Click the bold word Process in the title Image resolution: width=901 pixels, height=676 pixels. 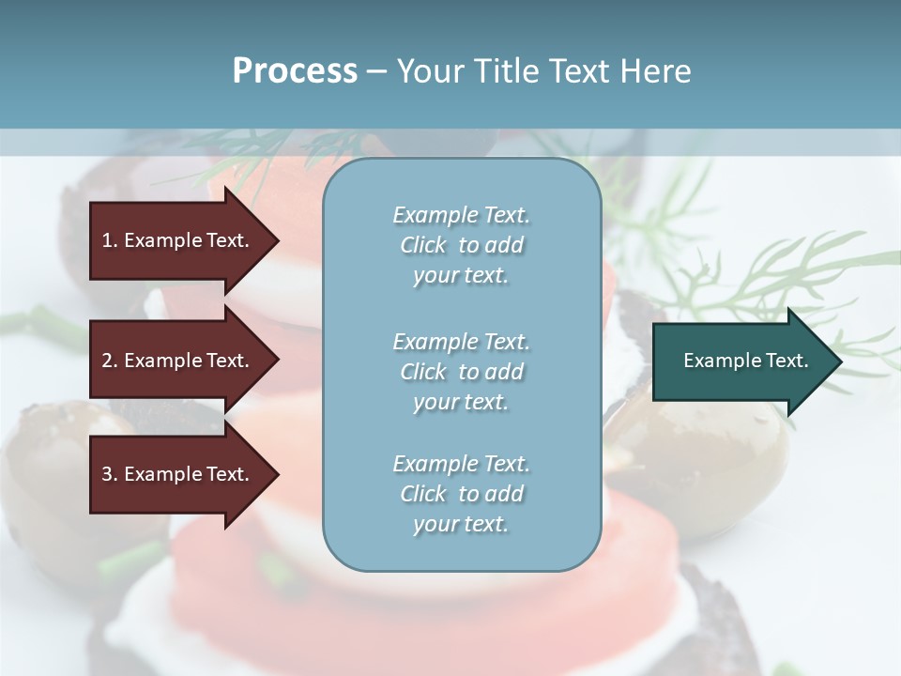pos(295,71)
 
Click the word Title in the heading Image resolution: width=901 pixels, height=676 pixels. pos(508,71)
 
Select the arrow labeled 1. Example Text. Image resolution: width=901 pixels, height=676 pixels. pos(178,240)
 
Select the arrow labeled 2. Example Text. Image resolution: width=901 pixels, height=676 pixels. pos(178,361)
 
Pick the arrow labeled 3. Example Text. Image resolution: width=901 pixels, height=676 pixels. pos(178,474)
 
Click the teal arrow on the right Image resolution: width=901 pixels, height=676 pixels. pos(741,361)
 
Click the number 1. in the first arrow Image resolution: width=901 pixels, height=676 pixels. pos(110,240)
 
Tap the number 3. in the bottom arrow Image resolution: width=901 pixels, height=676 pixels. pos(110,474)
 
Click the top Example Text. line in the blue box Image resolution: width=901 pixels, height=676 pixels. pos(461,215)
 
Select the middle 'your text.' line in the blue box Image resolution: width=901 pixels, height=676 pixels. pos(461,402)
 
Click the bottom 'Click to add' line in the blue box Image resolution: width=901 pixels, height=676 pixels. pos(461,494)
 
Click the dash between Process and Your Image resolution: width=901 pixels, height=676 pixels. pos(376,71)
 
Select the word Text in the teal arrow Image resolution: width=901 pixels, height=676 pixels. pos(787,361)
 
